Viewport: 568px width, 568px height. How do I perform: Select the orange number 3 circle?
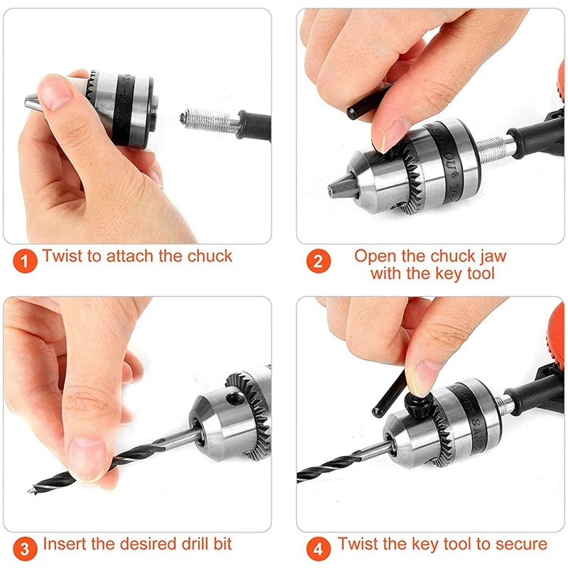pyautogui.click(x=26, y=548)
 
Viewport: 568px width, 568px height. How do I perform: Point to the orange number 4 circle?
pyautogui.click(x=319, y=548)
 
